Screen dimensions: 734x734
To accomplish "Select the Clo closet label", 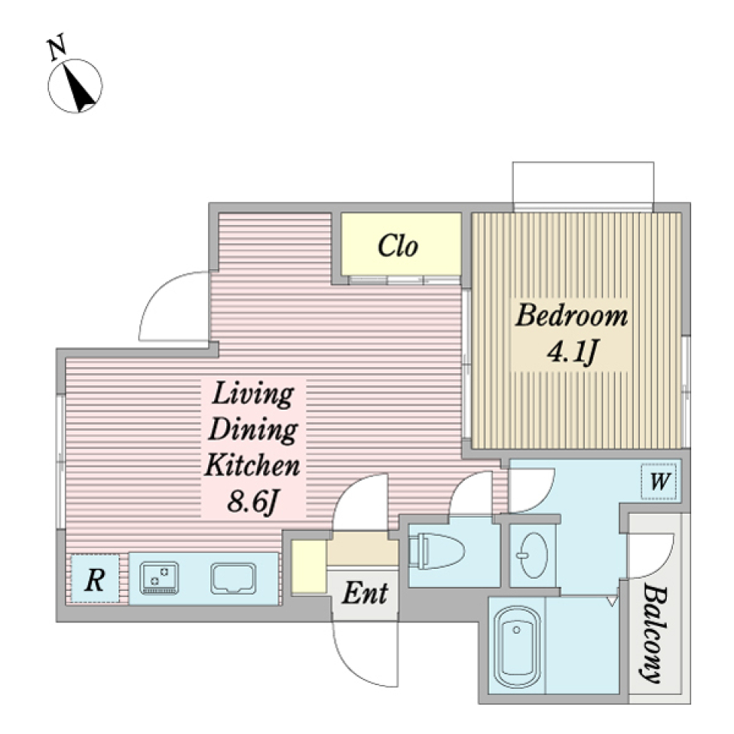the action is pos(398,245).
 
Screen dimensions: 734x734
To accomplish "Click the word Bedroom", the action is pos(571,315).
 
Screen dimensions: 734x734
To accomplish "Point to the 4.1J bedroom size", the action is pos(573,351).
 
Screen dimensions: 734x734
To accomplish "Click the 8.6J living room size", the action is pos(253,502).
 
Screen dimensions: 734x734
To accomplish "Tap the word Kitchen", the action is pos(252,465).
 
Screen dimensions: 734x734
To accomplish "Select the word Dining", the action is pos(253,429).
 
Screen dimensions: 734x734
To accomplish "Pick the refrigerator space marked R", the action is pos(95,579).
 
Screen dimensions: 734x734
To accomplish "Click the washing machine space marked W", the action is pos(659,481).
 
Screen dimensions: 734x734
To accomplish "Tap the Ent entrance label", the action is pos(365,593).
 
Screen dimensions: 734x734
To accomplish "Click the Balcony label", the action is pos(652,632).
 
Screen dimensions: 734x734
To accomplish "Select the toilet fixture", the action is pos(437,551).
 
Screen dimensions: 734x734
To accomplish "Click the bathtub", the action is pos(517,647).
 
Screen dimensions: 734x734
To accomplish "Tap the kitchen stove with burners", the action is pos(159,578).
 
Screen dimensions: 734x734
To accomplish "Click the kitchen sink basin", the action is pos(233,579).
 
